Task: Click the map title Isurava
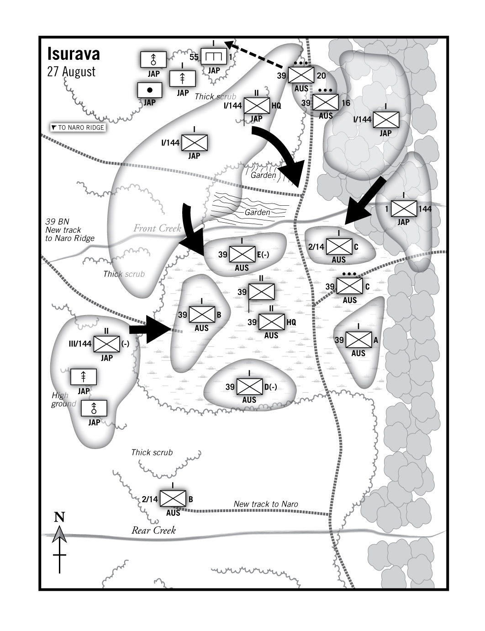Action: coord(74,54)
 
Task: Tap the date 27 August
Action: coord(71,72)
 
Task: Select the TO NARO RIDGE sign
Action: coord(78,128)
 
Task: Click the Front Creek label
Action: coord(157,228)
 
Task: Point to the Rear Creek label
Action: coord(153,530)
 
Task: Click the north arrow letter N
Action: coord(59,517)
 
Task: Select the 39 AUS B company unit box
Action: coord(202,315)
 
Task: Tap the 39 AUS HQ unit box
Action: coord(271,322)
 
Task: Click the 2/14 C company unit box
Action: coord(339,247)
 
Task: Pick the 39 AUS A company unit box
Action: coord(358,340)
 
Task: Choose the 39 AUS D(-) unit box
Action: coord(249,387)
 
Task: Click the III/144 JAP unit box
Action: coord(106,344)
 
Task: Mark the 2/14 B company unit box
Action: coord(173,499)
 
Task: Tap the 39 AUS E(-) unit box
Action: coord(242,255)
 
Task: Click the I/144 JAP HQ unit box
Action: coord(257,106)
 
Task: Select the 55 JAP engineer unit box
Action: coord(214,57)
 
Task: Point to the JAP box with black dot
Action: coord(150,90)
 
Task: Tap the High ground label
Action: coord(63,400)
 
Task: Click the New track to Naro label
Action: coord(266,504)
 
